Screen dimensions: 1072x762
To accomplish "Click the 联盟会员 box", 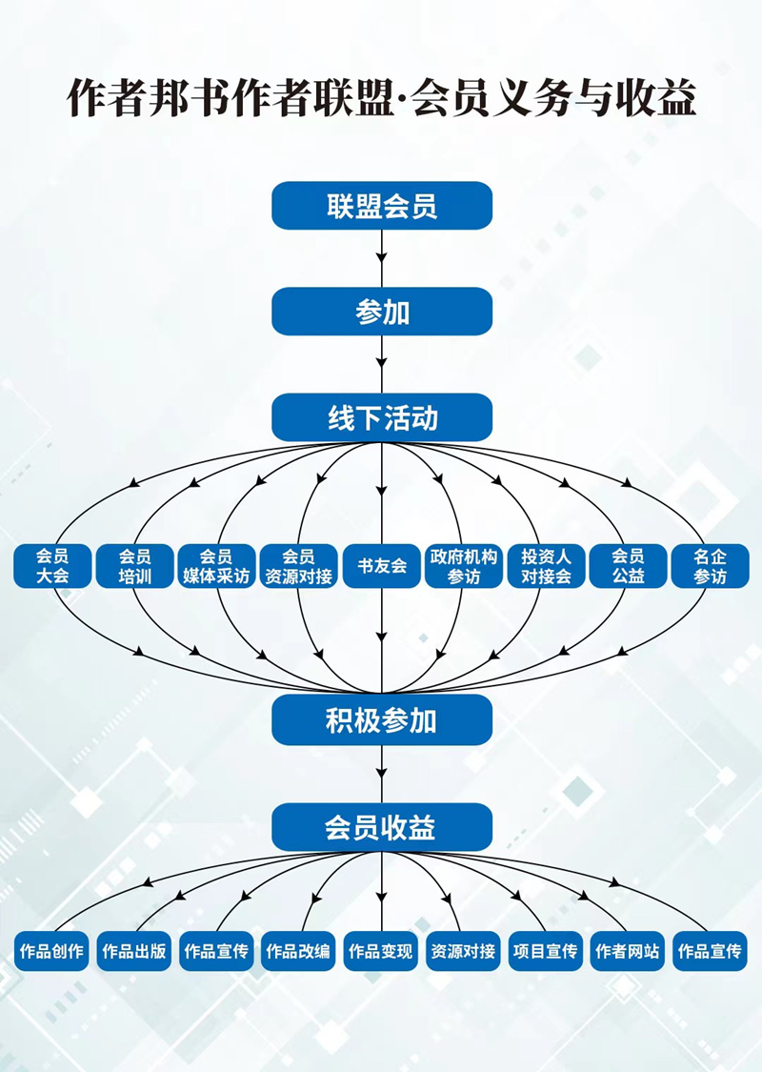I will pyautogui.click(x=382, y=206).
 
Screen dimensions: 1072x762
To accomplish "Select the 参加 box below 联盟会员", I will pyautogui.click(x=382, y=312).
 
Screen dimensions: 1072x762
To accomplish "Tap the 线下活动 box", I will pyautogui.click(x=382, y=418).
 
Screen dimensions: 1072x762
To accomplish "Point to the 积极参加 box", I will pyautogui.click(x=382, y=719).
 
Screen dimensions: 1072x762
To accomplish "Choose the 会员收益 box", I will pyautogui.click(x=382, y=827).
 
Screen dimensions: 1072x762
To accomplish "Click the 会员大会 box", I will pyautogui.click(x=52, y=566).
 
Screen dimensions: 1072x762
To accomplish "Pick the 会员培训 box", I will pyautogui.click(x=134, y=566).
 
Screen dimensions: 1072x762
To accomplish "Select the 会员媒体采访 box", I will pyautogui.click(x=216, y=566).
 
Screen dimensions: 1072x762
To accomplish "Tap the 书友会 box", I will pyautogui.click(x=382, y=566).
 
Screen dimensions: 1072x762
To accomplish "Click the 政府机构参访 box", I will pyautogui.click(x=464, y=566).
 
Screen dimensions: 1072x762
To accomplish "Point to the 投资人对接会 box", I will pyautogui.click(x=546, y=566).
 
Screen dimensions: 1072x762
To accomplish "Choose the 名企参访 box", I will pyautogui.click(x=710, y=566).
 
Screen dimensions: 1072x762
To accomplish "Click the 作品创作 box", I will pyautogui.click(x=52, y=951).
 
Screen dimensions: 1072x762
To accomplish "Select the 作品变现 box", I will pyautogui.click(x=381, y=951).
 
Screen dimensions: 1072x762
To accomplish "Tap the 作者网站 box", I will pyautogui.click(x=628, y=951).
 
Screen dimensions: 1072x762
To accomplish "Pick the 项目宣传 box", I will pyautogui.click(x=546, y=951).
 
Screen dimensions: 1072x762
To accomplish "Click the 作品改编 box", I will pyautogui.click(x=298, y=951).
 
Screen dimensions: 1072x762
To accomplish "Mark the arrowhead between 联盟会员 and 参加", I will pyautogui.click(x=382, y=258).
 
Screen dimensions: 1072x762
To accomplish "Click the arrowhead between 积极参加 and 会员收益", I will pyautogui.click(x=382, y=774).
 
